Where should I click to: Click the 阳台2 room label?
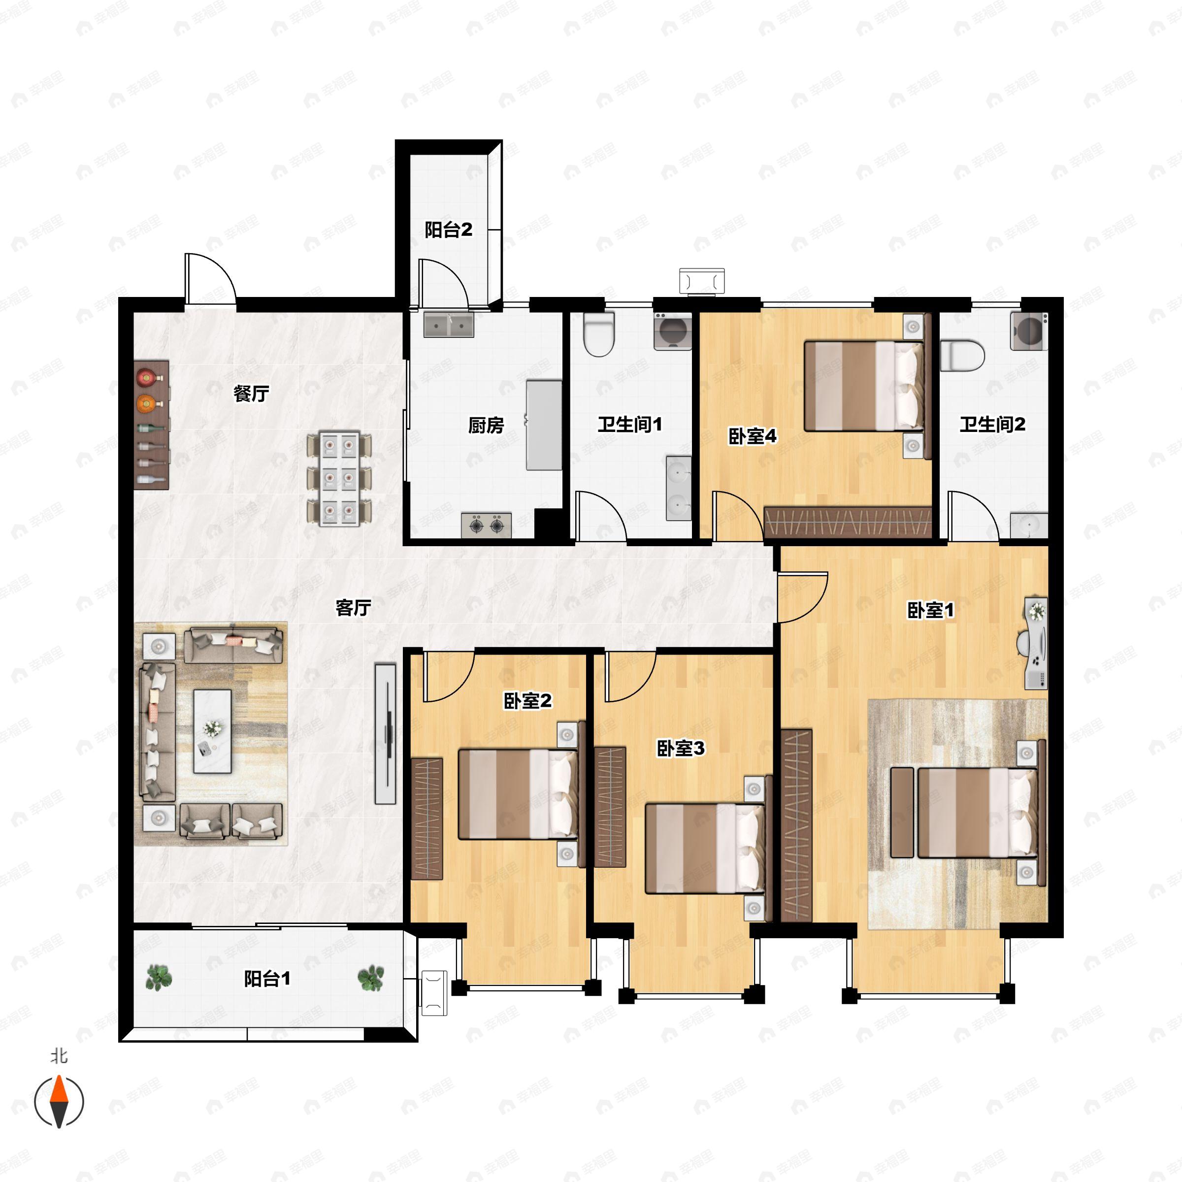(x=449, y=230)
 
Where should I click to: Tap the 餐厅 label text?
(x=251, y=394)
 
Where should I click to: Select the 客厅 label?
(x=353, y=608)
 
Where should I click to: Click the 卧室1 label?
(x=930, y=610)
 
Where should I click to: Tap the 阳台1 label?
(x=267, y=979)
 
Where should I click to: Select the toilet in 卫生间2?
(x=962, y=356)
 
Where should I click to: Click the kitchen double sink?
(x=449, y=324)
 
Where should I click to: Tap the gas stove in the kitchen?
(x=487, y=525)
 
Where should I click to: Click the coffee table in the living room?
(x=212, y=731)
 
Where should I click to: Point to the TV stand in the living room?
(x=386, y=733)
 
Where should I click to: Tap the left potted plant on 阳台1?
(x=159, y=978)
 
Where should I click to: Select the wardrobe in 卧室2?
(x=427, y=819)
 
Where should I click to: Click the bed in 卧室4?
(x=864, y=386)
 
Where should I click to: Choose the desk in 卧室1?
(x=1036, y=643)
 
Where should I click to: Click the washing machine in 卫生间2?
(x=1029, y=331)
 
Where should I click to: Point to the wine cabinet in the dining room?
(x=151, y=424)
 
